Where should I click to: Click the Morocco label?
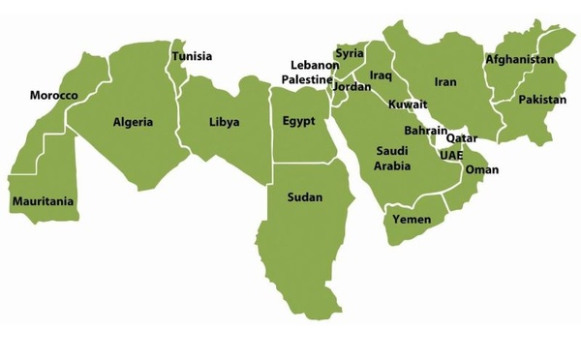tap(53, 96)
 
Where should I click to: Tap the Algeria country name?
tap(133, 122)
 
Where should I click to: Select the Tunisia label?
tap(192, 56)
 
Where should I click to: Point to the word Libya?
tap(224, 122)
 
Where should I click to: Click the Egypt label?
tap(299, 122)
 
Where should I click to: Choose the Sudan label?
tap(305, 197)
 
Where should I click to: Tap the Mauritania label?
tap(43, 202)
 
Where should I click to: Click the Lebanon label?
tap(314, 66)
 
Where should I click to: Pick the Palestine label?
tap(306, 79)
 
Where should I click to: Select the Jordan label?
tap(352, 87)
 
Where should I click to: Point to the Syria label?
tap(350, 54)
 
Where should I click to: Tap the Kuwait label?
tap(407, 105)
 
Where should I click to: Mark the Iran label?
tap(445, 82)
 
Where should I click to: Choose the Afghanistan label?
tap(520, 60)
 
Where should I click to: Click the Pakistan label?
tap(542, 100)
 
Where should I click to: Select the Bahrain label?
tap(425, 131)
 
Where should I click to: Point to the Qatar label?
tap(461, 138)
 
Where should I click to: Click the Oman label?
tap(482, 170)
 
